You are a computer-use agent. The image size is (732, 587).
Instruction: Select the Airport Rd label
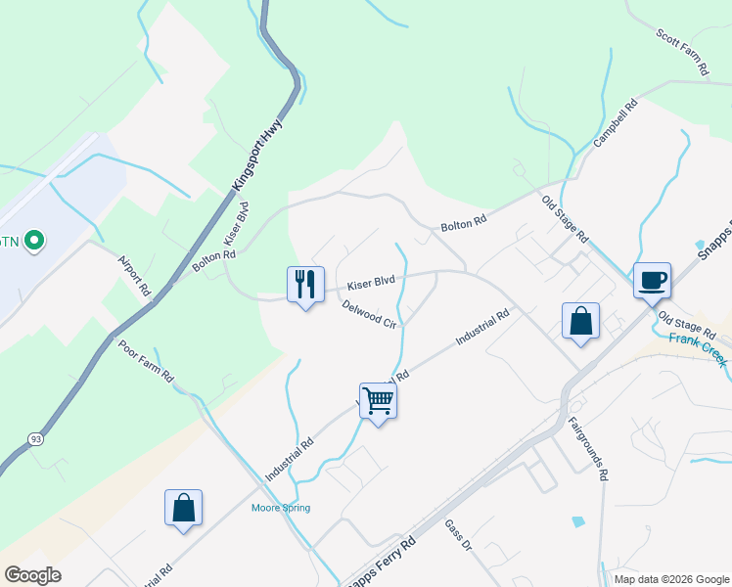click(x=134, y=276)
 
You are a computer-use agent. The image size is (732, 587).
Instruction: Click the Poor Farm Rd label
click(x=147, y=362)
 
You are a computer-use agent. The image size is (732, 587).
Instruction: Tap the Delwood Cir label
click(x=370, y=315)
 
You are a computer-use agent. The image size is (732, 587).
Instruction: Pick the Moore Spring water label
click(x=281, y=508)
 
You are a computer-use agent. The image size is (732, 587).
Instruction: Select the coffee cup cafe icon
click(x=652, y=280)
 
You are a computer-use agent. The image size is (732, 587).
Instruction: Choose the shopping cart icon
click(x=378, y=399)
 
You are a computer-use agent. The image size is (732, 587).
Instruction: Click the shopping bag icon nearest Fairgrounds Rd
click(x=580, y=321)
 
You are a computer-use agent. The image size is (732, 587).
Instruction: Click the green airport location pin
click(x=34, y=240)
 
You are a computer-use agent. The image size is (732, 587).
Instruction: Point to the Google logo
click(x=33, y=574)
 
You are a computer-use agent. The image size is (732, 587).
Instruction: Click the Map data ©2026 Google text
click(x=671, y=579)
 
